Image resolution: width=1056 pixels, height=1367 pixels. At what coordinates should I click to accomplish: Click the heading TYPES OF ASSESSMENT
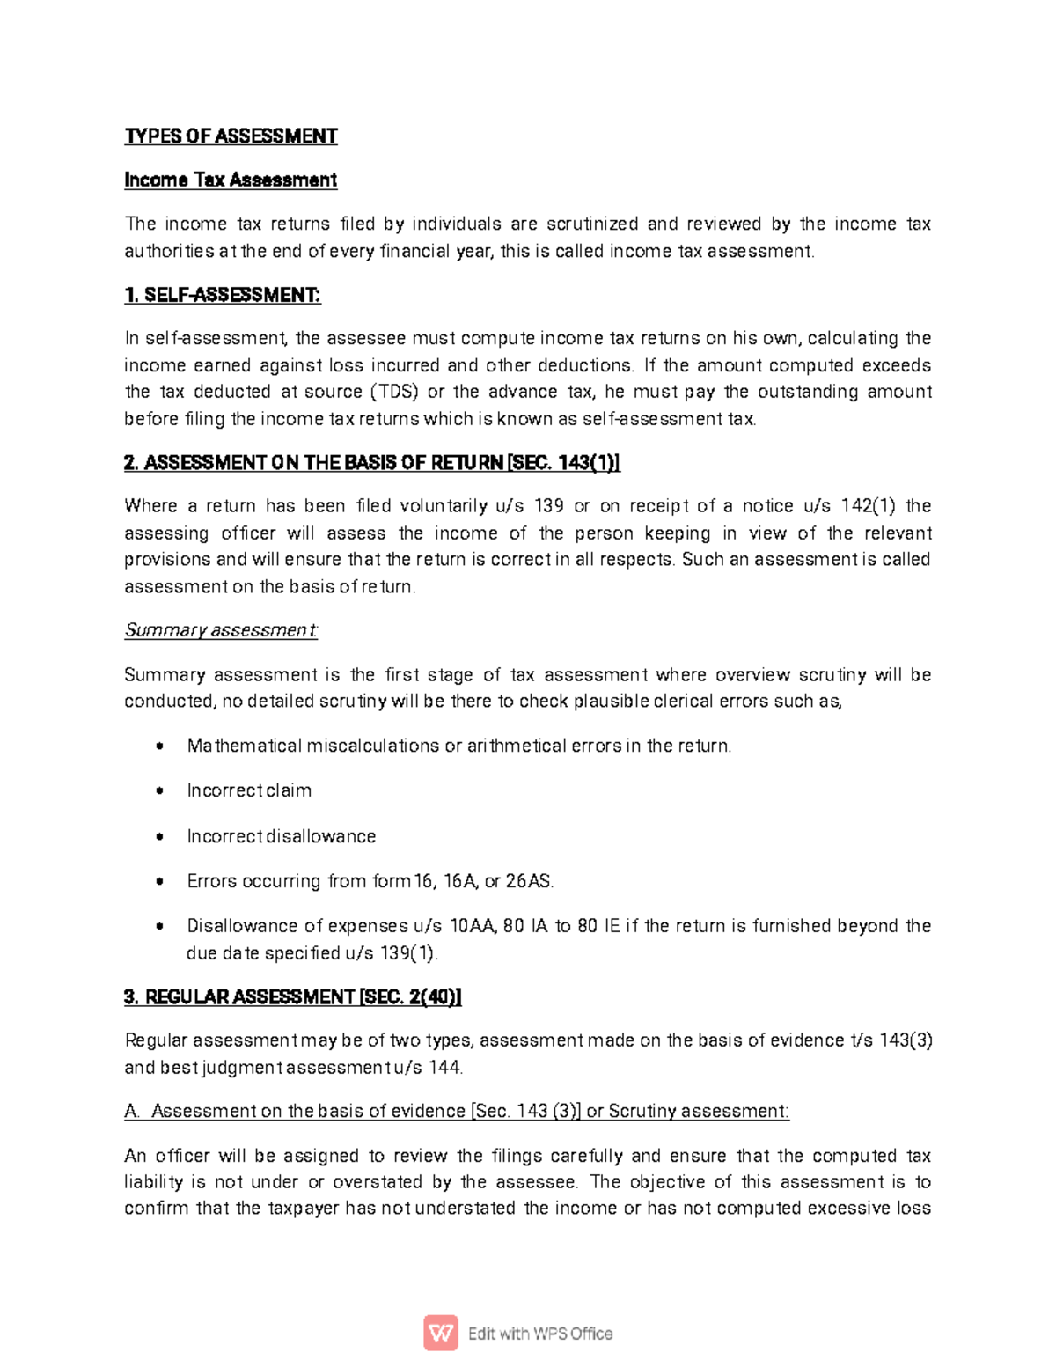click(x=231, y=136)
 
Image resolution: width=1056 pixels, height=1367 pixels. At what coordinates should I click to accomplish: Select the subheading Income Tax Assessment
click(x=231, y=180)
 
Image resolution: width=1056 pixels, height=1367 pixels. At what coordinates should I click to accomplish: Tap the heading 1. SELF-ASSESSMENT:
click(x=223, y=295)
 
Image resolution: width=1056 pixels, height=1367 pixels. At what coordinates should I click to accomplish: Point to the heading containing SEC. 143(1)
click(x=372, y=463)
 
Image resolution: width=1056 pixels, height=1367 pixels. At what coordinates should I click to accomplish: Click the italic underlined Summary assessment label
click(x=221, y=630)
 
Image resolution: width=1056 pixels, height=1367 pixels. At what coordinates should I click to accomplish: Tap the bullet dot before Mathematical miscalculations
click(x=159, y=746)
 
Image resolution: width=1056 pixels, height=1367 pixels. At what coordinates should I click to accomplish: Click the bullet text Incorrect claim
click(x=249, y=790)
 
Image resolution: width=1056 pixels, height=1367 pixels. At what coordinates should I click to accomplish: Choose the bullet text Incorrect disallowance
click(x=281, y=836)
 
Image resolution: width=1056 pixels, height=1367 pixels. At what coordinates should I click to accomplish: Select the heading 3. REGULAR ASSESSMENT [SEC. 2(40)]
click(x=292, y=997)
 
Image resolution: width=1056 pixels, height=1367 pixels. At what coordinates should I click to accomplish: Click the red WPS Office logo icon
click(x=441, y=1333)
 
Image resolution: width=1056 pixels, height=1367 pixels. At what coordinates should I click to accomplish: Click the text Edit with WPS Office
click(x=539, y=1334)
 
